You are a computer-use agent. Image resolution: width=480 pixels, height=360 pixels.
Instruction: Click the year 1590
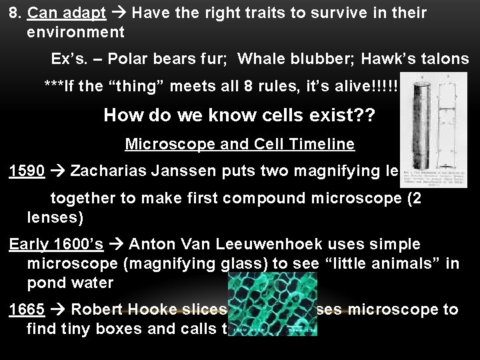pyautogui.click(x=27, y=171)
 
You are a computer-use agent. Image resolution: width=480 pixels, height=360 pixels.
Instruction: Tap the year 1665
pyautogui.click(x=27, y=310)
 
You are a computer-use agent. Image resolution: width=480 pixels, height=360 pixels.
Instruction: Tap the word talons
pyautogui.click(x=445, y=59)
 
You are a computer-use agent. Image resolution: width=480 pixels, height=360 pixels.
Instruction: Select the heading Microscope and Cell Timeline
pyautogui.click(x=240, y=145)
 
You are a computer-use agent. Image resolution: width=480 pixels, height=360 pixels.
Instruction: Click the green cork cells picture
pyautogui.click(x=272, y=303)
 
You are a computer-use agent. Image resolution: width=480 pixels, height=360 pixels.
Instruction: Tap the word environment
pyautogui.click(x=75, y=31)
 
